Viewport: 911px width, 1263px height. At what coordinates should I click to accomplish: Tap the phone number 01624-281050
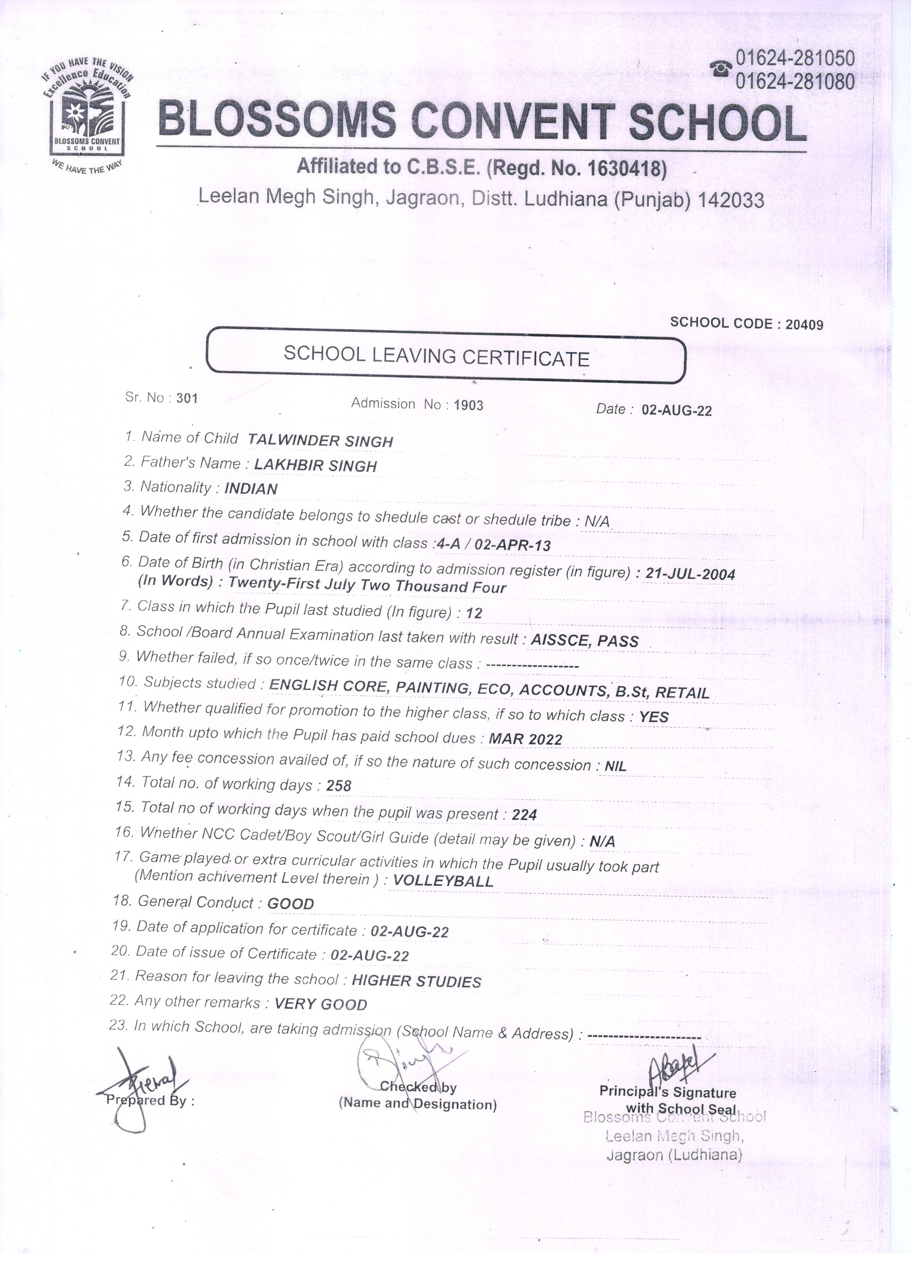[x=795, y=58]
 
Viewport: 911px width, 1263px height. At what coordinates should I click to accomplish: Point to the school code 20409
[x=804, y=324]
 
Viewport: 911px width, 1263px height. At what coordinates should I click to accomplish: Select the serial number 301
[x=187, y=398]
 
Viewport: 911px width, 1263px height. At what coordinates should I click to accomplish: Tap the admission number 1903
[x=468, y=406]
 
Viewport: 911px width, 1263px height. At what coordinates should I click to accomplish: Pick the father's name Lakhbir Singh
[x=315, y=465]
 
